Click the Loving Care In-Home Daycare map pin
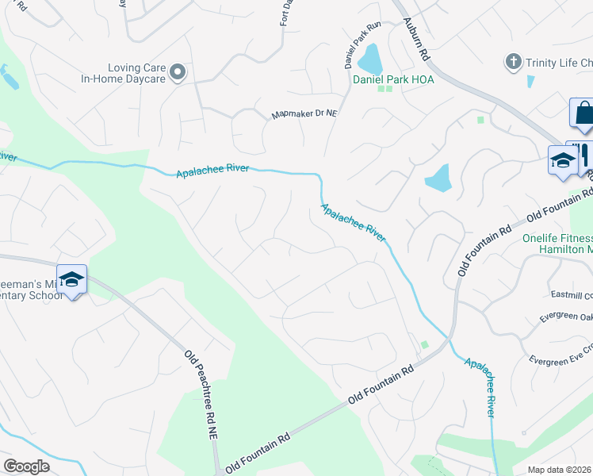[x=178, y=73]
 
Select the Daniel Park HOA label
[x=389, y=79]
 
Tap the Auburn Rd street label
[x=415, y=42]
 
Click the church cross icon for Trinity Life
[x=514, y=62]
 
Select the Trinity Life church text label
[x=557, y=62]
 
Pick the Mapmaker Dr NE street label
[x=304, y=114]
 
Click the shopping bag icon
[x=583, y=113]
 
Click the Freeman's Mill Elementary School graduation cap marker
[x=71, y=279]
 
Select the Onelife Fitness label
[x=557, y=238]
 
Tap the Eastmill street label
[x=571, y=294]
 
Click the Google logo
[x=26, y=466]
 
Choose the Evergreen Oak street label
[x=566, y=317]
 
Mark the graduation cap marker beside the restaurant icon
[x=563, y=161]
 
